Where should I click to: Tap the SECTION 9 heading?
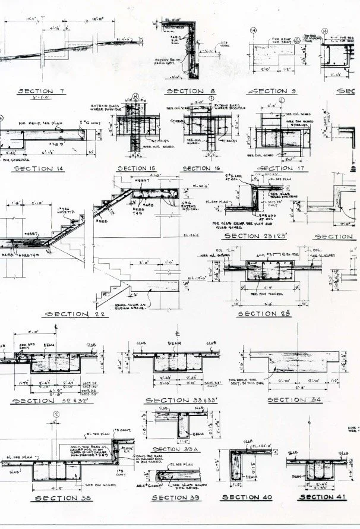coord(271,91)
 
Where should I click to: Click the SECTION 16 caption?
coord(200,168)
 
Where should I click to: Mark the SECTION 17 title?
coord(284,168)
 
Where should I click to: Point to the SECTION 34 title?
coord(294,400)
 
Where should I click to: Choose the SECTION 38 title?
coord(63,498)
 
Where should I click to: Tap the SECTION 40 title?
coord(246,497)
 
